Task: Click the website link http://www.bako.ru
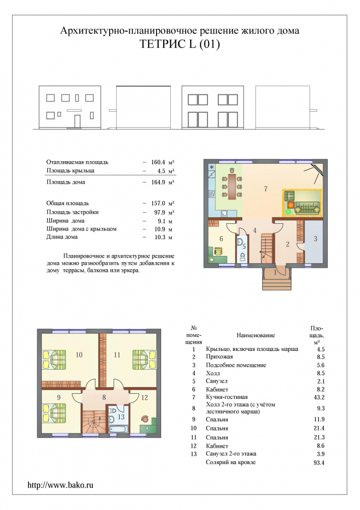(60, 485)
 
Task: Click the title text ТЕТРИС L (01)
(179, 43)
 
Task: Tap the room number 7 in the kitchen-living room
(266, 189)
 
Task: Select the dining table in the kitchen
(232, 186)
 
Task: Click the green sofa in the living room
(307, 208)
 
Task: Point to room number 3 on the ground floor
(316, 239)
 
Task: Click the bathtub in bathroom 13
(117, 429)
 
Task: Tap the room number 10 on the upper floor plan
(79, 355)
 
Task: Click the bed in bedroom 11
(144, 360)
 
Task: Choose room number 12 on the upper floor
(144, 397)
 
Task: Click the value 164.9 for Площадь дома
(158, 182)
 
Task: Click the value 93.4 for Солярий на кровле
(319, 463)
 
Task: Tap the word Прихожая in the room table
(219, 357)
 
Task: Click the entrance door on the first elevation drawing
(78, 121)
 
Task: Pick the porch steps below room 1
(277, 284)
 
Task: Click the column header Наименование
(255, 336)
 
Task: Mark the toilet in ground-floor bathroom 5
(242, 258)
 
